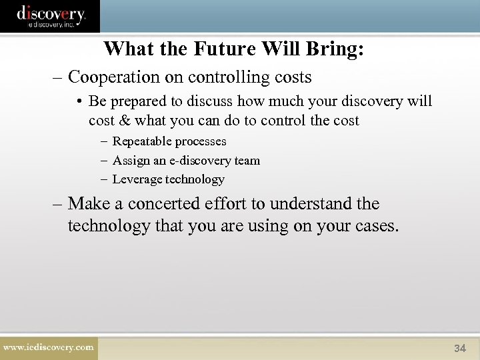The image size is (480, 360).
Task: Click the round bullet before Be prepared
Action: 79,102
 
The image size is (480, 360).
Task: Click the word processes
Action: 202,141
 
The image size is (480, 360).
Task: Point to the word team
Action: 247,160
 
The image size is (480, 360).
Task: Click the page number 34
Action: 460,348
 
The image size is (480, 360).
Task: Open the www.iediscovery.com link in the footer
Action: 48,347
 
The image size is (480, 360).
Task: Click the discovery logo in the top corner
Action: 51,15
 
